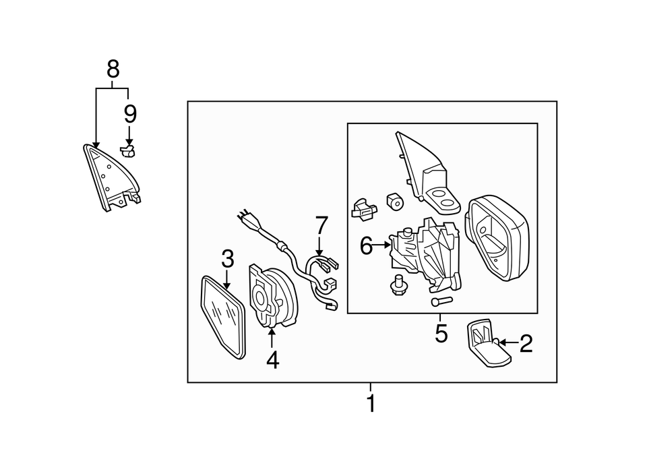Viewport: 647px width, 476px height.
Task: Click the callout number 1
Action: (x=370, y=405)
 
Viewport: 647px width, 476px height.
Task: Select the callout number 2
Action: (x=526, y=344)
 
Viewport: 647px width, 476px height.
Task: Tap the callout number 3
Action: (x=228, y=258)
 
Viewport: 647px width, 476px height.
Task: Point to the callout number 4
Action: (x=272, y=360)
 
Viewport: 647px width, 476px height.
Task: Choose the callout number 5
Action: (x=441, y=333)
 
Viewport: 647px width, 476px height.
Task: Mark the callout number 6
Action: (x=366, y=246)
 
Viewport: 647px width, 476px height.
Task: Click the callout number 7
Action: (x=321, y=225)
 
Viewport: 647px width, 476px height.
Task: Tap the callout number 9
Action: (x=129, y=114)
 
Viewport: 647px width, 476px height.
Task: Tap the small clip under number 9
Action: (x=128, y=149)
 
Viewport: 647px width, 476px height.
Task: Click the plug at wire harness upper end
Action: (x=245, y=218)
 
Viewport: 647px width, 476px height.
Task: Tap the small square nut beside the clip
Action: (x=394, y=201)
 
